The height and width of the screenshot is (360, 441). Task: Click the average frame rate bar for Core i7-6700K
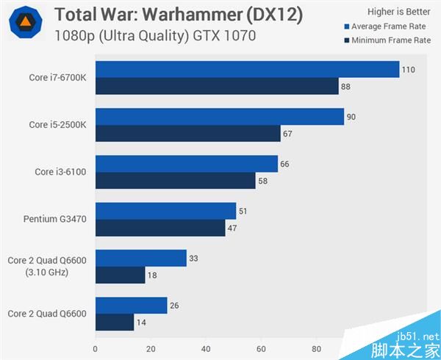[247, 70]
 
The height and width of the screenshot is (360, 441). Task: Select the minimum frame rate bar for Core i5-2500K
[188, 134]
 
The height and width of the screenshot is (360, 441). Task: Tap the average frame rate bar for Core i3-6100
[187, 164]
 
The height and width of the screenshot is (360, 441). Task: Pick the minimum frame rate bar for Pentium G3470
[160, 228]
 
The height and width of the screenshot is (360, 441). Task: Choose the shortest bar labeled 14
[115, 322]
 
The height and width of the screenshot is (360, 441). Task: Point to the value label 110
[409, 70]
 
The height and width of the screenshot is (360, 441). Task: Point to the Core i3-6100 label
[61, 172]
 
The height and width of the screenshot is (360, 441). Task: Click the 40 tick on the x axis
[206, 349]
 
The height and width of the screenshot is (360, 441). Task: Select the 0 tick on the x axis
[96, 349]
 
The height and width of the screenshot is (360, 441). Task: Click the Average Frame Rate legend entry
[387, 26]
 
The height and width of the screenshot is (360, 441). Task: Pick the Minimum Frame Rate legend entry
[387, 40]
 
